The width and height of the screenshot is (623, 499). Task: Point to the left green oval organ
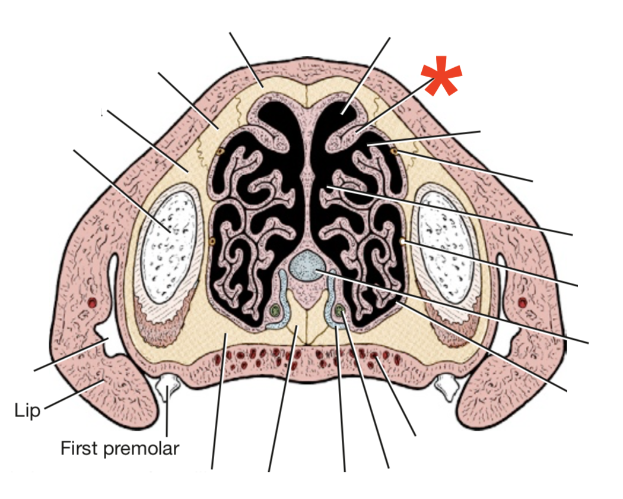(x=274, y=310)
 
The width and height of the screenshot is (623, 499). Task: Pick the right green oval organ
(x=339, y=310)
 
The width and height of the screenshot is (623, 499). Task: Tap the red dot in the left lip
(x=91, y=303)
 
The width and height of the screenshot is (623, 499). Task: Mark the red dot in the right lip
(x=522, y=303)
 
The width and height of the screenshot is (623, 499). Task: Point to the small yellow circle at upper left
(x=220, y=151)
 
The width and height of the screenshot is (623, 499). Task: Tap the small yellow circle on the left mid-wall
(x=212, y=241)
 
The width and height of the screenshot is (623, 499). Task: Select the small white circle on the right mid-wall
(x=402, y=242)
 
